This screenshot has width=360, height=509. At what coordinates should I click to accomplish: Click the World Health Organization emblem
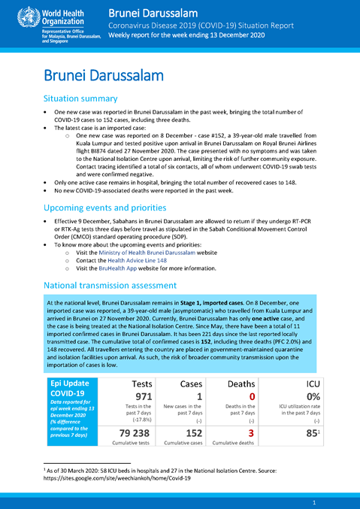(15, 16)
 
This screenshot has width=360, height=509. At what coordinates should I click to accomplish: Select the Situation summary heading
(81, 98)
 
